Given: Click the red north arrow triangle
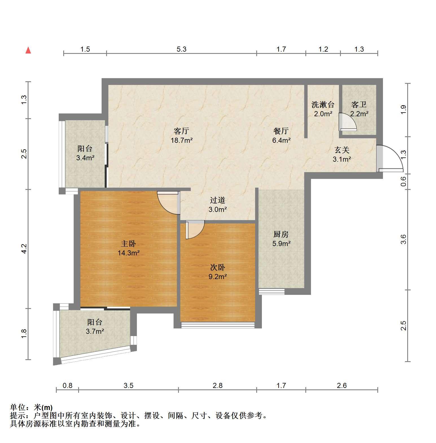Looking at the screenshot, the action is tap(28, 50).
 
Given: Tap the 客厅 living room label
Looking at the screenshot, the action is tap(181, 131).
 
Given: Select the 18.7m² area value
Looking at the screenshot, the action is tap(181, 140).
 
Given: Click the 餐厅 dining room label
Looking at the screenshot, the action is tap(281, 131).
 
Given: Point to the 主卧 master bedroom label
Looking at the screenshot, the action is tap(129, 244).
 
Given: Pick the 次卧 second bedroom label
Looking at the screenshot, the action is tap(218, 267).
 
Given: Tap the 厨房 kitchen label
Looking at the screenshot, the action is tap(281, 234).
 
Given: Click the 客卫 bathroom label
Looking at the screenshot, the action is tap(359, 105).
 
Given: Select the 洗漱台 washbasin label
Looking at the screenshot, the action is tap(323, 105).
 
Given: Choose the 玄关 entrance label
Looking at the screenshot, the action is tap(342, 150).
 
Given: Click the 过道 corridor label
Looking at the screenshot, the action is tap(218, 200).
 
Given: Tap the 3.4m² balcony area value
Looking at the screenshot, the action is tap(85, 158).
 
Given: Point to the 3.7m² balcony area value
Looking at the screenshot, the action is tap(95, 331).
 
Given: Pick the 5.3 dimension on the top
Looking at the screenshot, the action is tap(181, 49).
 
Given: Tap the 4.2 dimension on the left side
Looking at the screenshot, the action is tap(24, 249).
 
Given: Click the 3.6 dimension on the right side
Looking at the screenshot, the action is tap(404, 239).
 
